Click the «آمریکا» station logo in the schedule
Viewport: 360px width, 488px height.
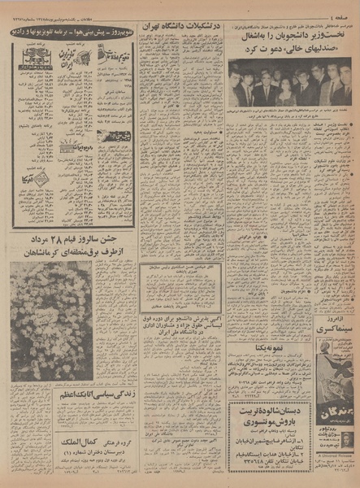tap(36, 180)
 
